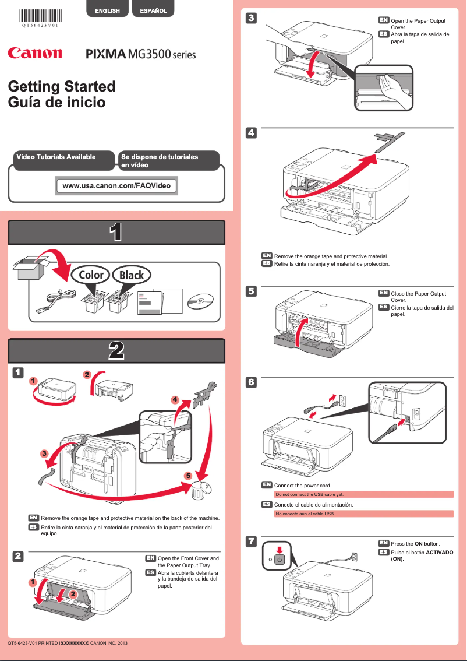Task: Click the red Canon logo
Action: (35, 54)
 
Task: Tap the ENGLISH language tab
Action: (108, 10)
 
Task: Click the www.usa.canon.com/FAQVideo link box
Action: (116, 186)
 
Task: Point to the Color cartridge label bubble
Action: (91, 275)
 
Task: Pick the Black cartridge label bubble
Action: (132, 275)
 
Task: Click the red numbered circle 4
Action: (174, 400)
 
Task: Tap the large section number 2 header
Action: (116, 351)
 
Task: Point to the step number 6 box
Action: (250, 382)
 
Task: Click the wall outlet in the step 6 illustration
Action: (343, 399)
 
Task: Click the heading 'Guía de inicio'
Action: (56, 103)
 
